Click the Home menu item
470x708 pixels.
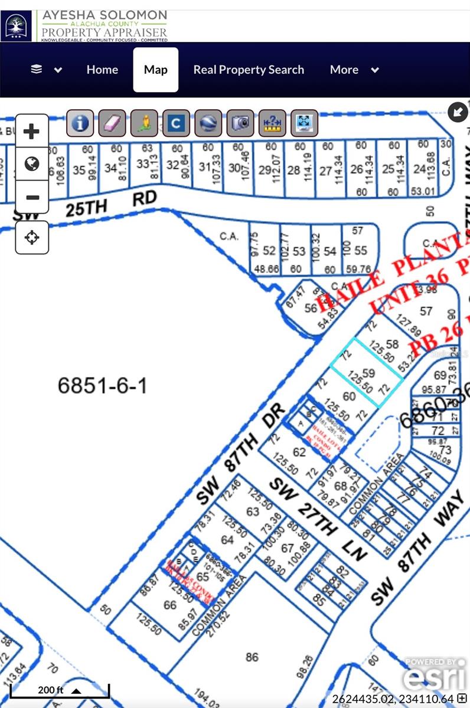click(x=102, y=70)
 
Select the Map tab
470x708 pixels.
click(x=156, y=70)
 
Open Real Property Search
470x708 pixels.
click(x=249, y=70)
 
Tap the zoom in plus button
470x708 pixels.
click(x=32, y=131)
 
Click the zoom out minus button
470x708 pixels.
click(x=32, y=198)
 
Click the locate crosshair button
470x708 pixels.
click(x=32, y=237)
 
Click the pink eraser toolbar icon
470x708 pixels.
click(x=112, y=123)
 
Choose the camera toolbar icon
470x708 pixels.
click(x=240, y=123)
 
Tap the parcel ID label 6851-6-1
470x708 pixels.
click(x=102, y=386)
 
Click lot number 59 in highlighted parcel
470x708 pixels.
click(x=369, y=373)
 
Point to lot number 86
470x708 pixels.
click(x=252, y=657)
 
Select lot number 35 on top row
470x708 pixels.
click(x=79, y=171)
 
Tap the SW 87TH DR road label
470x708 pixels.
click(x=241, y=455)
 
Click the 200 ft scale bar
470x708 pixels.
click(x=59, y=690)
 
